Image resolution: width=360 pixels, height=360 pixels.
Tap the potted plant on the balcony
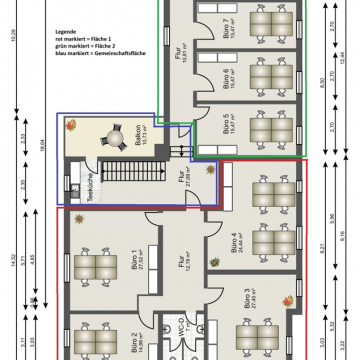point(73,125)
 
